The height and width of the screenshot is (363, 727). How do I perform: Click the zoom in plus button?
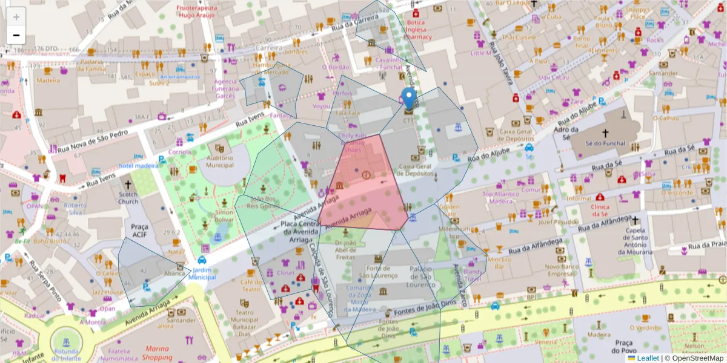coord(16,18)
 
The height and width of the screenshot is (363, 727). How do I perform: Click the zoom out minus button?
coord(16,35)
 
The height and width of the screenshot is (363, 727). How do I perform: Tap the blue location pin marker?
coord(410,98)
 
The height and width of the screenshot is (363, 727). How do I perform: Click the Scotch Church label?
coord(128,198)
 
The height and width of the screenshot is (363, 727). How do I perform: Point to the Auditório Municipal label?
coord(220,161)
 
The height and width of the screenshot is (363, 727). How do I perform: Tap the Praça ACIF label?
coord(139,230)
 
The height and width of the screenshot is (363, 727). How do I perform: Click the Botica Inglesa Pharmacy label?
coord(418,29)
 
